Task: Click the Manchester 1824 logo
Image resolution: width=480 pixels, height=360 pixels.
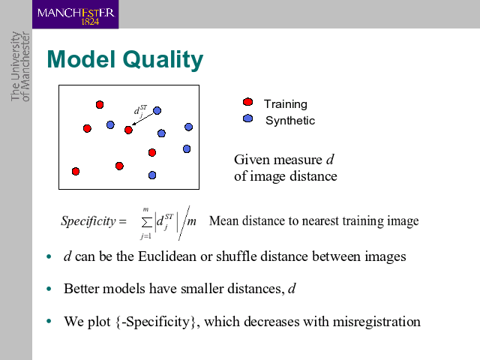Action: click(x=75, y=14)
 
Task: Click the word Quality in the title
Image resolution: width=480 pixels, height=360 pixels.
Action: click(x=163, y=60)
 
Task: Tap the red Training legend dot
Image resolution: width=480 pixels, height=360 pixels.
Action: click(x=247, y=102)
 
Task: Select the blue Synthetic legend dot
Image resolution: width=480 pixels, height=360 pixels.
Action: click(x=247, y=118)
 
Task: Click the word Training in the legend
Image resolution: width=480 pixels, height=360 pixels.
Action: click(x=286, y=105)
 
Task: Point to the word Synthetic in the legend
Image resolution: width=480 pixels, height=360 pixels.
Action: click(x=290, y=121)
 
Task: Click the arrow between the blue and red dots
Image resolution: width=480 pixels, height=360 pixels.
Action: click(x=142, y=119)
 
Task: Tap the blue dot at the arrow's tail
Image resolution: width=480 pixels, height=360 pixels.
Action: click(x=157, y=110)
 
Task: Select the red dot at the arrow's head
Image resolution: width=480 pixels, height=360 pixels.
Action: click(x=128, y=130)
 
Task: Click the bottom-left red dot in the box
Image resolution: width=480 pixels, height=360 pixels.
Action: click(x=76, y=172)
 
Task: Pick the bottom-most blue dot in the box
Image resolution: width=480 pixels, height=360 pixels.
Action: click(x=152, y=175)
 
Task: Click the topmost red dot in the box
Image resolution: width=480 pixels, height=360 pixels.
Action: click(x=100, y=105)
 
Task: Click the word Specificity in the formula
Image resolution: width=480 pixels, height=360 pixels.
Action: click(x=88, y=221)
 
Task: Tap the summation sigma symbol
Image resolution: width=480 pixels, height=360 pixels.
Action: click(x=147, y=223)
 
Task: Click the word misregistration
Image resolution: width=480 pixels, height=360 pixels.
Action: click(x=376, y=322)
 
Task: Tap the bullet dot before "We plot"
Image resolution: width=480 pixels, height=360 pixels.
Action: click(x=49, y=321)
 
